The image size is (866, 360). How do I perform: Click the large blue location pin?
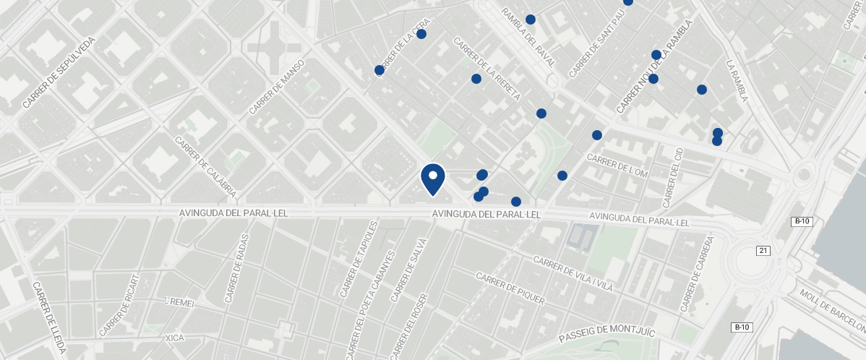click(432, 179)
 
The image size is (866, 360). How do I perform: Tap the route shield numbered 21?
click(763, 250)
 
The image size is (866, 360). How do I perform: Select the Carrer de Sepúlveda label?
click(59, 73)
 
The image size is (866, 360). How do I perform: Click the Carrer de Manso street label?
click(277, 87)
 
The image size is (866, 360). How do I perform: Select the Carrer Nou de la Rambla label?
click(654, 66)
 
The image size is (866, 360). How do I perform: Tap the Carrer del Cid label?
click(672, 177)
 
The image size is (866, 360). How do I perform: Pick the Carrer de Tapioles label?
click(359, 260)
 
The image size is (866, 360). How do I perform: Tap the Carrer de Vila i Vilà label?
click(572, 273)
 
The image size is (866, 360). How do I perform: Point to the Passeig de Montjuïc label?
click(606, 334)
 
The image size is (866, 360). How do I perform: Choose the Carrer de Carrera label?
click(697, 274)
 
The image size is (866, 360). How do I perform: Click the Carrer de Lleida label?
click(49, 318)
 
